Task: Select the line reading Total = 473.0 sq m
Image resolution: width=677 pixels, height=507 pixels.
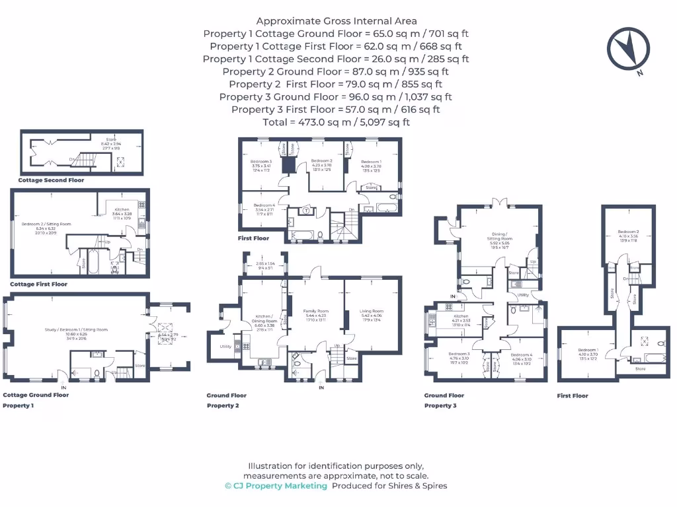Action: tap(336, 122)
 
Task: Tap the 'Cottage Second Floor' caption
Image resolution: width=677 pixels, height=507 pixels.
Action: tap(51, 180)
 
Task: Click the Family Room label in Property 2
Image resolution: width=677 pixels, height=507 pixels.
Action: tap(315, 311)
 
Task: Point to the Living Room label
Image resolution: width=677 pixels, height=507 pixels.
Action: tap(372, 311)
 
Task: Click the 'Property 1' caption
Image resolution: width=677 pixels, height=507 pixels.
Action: tap(18, 405)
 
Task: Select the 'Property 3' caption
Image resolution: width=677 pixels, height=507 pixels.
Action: tap(440, 405)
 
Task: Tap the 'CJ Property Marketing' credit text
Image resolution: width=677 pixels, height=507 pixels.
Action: tap(276, 486)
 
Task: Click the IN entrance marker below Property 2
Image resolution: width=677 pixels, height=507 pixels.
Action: tap(321, 388)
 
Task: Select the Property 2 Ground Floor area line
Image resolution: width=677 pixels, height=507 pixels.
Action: tap(336, 71)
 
